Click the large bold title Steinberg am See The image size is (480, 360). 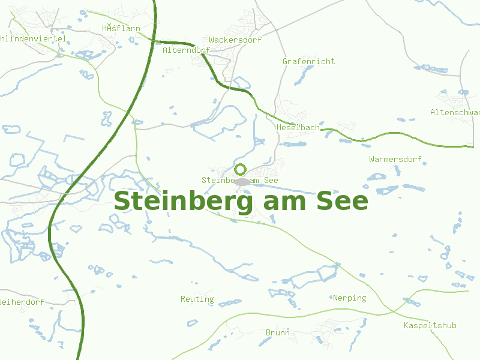tap(241, 202)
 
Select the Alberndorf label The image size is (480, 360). tap(186, 50)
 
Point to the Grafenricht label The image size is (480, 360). tap(308, 61)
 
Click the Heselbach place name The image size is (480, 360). tap(298, 128)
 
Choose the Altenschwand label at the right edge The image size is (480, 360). tap(455, 112)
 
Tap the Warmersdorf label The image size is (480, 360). tap(395, 159)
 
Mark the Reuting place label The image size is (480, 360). tap(197, 299)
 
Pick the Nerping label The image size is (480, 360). tap(349, 298)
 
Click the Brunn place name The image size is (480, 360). tap(277, 332)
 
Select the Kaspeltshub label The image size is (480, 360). tap(430, 325)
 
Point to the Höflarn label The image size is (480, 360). tap(121, 28)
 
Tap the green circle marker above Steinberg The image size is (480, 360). tap(241, 169)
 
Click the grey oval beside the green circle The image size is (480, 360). tap(242, 181)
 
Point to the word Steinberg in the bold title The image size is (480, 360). tap(184, 202)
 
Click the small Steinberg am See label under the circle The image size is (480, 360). tap(240, 180)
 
